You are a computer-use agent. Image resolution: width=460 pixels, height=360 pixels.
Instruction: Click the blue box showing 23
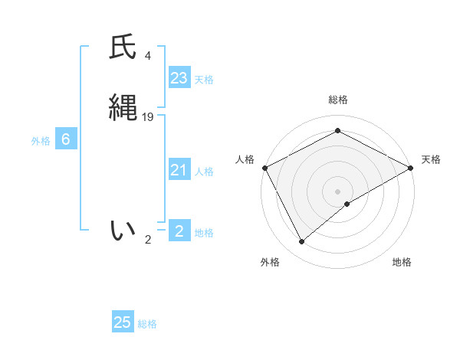tap(179, 77)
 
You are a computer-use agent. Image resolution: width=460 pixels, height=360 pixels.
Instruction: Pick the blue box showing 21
tap(179, 170)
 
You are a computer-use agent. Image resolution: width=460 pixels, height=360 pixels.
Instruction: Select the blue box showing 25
tap(123, 322)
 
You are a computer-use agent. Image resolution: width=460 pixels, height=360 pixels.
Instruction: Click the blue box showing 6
tap(66, 139)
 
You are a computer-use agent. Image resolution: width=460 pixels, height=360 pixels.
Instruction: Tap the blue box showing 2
tap(179, 231)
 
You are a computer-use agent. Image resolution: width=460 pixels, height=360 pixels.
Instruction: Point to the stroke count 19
tap(148, 117)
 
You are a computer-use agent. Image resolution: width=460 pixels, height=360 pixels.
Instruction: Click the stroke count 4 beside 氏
tap(148, 56)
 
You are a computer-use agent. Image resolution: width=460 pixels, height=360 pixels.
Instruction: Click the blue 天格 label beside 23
tap(204, 79)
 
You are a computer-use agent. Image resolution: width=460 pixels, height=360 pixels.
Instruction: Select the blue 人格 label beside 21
tap(205, 172)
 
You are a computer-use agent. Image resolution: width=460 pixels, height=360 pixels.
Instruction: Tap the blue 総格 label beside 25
tap(147, 324)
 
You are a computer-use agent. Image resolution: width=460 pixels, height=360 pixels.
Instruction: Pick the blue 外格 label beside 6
tap(41, 141)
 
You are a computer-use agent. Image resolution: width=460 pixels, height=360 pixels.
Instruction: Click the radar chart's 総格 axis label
tap(337, 100)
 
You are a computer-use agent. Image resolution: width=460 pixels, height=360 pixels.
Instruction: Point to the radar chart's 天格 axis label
tap(431, 159)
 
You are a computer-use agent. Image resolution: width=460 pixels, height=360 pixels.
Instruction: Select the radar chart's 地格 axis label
tap(402, 262)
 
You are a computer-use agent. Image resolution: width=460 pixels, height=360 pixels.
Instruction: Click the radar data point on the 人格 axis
tap(264, 168)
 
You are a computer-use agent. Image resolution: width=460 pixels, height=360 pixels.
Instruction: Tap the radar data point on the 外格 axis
tap(302, 242)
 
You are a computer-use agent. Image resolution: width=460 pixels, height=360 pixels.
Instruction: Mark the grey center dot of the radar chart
tap(337, 191)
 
